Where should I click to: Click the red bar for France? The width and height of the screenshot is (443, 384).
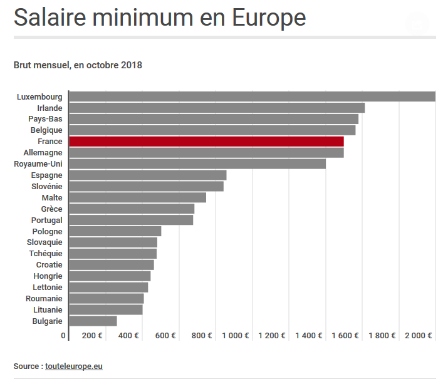(x=206, y=142)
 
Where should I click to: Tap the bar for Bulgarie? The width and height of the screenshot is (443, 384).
(x=93, y=321)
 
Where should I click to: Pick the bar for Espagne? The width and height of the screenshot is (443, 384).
(x=147, y=175)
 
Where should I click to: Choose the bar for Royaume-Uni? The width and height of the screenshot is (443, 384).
(x=197, y=164)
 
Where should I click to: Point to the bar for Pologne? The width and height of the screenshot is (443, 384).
(x=115, y=231)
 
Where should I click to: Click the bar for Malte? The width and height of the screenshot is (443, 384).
(x=137, y=197)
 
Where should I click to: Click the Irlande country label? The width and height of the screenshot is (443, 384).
(x=50, y=108)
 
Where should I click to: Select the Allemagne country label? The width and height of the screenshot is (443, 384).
(x=43, y=153)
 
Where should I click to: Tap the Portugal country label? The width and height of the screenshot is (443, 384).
(x=47, y=221)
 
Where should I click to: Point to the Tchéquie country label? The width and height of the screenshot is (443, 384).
(x=46, y=254)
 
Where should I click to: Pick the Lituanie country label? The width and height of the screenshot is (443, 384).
(x=48, y=309)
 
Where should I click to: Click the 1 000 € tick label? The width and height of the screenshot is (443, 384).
(x=236, y=336)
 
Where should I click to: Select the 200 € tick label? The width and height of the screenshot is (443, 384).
(x=92, y=336)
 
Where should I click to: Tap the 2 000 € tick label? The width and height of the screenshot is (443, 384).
(x=419, y=336)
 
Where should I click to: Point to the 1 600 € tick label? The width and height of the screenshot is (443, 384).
(x=345, y=336)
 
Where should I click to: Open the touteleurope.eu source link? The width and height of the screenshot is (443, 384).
(x=73, y=366)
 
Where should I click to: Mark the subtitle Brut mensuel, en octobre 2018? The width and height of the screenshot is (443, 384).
(x=78, y=65)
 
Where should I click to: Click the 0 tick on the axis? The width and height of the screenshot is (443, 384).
(x=63, y=336)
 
